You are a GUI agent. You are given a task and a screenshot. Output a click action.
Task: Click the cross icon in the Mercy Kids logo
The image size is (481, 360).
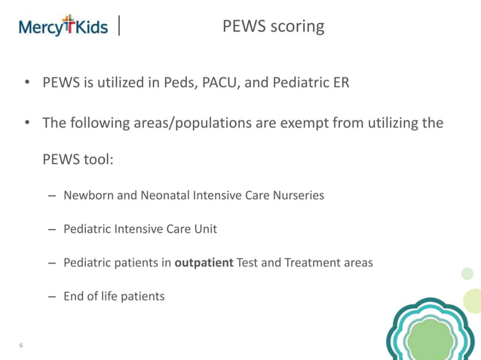click(x=69, y=24)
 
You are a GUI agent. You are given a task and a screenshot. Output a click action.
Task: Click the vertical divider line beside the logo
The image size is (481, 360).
click(x=121, y=26)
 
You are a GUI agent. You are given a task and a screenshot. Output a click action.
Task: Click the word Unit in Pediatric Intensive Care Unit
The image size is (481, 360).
click(x=204, y=229)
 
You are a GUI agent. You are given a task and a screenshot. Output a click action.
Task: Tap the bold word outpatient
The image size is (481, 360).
click(x=204, y=263)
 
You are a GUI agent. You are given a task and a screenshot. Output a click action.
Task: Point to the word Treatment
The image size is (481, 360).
click(x=311, y=263)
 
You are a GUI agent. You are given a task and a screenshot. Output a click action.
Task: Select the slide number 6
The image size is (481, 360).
click(x=21, y=346)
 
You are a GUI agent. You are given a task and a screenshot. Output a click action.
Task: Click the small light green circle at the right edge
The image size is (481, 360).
click(x=467, y=273)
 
